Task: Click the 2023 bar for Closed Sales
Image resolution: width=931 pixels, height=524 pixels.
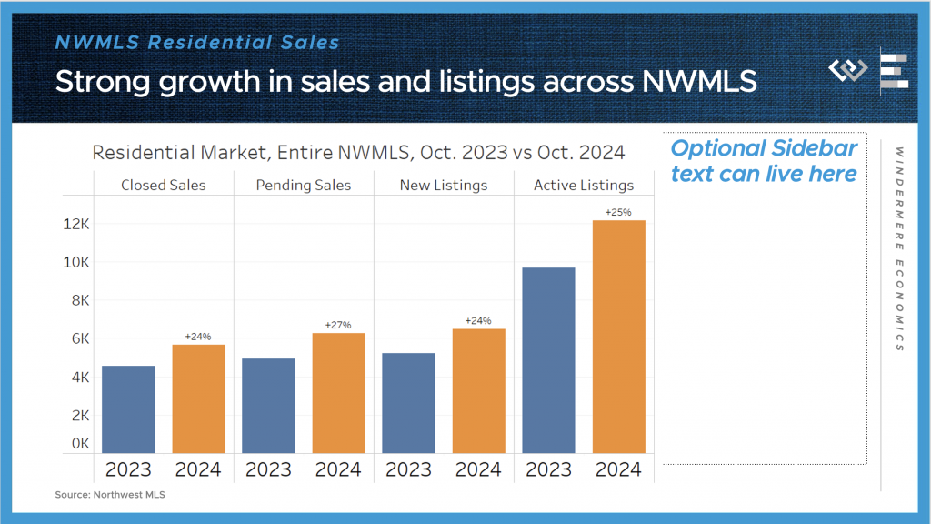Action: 128,409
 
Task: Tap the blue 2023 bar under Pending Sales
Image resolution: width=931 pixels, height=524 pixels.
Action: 268,406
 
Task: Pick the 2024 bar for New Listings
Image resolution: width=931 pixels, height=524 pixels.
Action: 478,391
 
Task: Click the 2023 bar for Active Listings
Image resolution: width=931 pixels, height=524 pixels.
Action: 548,360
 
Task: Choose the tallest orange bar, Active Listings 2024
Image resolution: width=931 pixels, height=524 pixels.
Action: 618,337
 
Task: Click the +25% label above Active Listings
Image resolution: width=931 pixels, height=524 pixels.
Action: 618,212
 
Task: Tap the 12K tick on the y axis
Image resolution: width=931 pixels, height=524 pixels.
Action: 77,224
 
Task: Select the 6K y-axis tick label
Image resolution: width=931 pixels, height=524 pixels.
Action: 77,338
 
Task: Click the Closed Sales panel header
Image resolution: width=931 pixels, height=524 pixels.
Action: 164,186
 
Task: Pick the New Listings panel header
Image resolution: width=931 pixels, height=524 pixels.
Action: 444,186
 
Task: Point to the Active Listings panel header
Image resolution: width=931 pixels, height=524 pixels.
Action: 584,186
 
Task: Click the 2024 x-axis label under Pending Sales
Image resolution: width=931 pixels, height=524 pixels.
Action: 338,470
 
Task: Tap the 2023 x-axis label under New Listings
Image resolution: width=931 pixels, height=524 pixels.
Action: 408,470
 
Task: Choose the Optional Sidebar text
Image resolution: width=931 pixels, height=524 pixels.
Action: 764,161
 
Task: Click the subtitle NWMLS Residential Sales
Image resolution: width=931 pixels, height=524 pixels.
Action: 197,42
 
